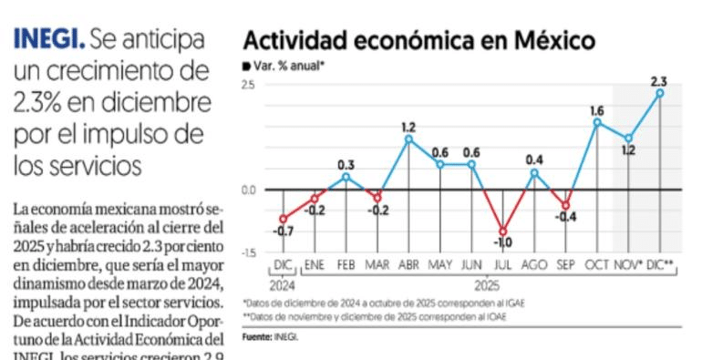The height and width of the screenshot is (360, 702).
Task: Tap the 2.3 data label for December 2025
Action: pos(659,82)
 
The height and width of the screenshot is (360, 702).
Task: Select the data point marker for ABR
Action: pos(408,139)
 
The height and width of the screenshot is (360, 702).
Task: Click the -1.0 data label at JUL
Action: pos(502,243)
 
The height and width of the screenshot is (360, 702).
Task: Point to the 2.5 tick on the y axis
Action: pos(248,85)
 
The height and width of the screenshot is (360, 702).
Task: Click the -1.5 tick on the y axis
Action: pos(248,252)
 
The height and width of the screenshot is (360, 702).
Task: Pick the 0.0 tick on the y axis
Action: pos(248,190)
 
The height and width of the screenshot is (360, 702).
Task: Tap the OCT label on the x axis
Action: pos(596,264)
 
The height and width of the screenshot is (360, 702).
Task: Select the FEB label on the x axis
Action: pos(346,264)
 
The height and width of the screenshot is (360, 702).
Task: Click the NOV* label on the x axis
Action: pos(627,264)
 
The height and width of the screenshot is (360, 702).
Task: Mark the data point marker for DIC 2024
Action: pos(284,219)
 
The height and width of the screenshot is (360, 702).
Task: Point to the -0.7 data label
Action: pos(284,232)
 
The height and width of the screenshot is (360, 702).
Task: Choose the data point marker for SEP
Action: pos(565,206)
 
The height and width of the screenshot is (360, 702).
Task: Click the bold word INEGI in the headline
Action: pos(50,40)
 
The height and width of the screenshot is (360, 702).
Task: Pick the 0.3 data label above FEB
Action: pos(346,164)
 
